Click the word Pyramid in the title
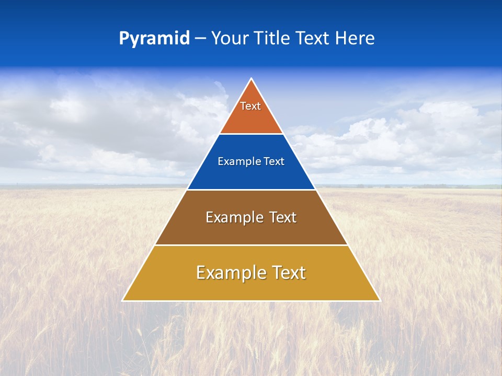tap(154, 39)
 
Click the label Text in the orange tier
tap(250, 106)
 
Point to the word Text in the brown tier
tap(283, 217)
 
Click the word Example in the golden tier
tap(231, 273)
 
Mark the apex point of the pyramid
tap(252, 79)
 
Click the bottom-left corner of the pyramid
tap(123, 300)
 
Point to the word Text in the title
tap(313, 39)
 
